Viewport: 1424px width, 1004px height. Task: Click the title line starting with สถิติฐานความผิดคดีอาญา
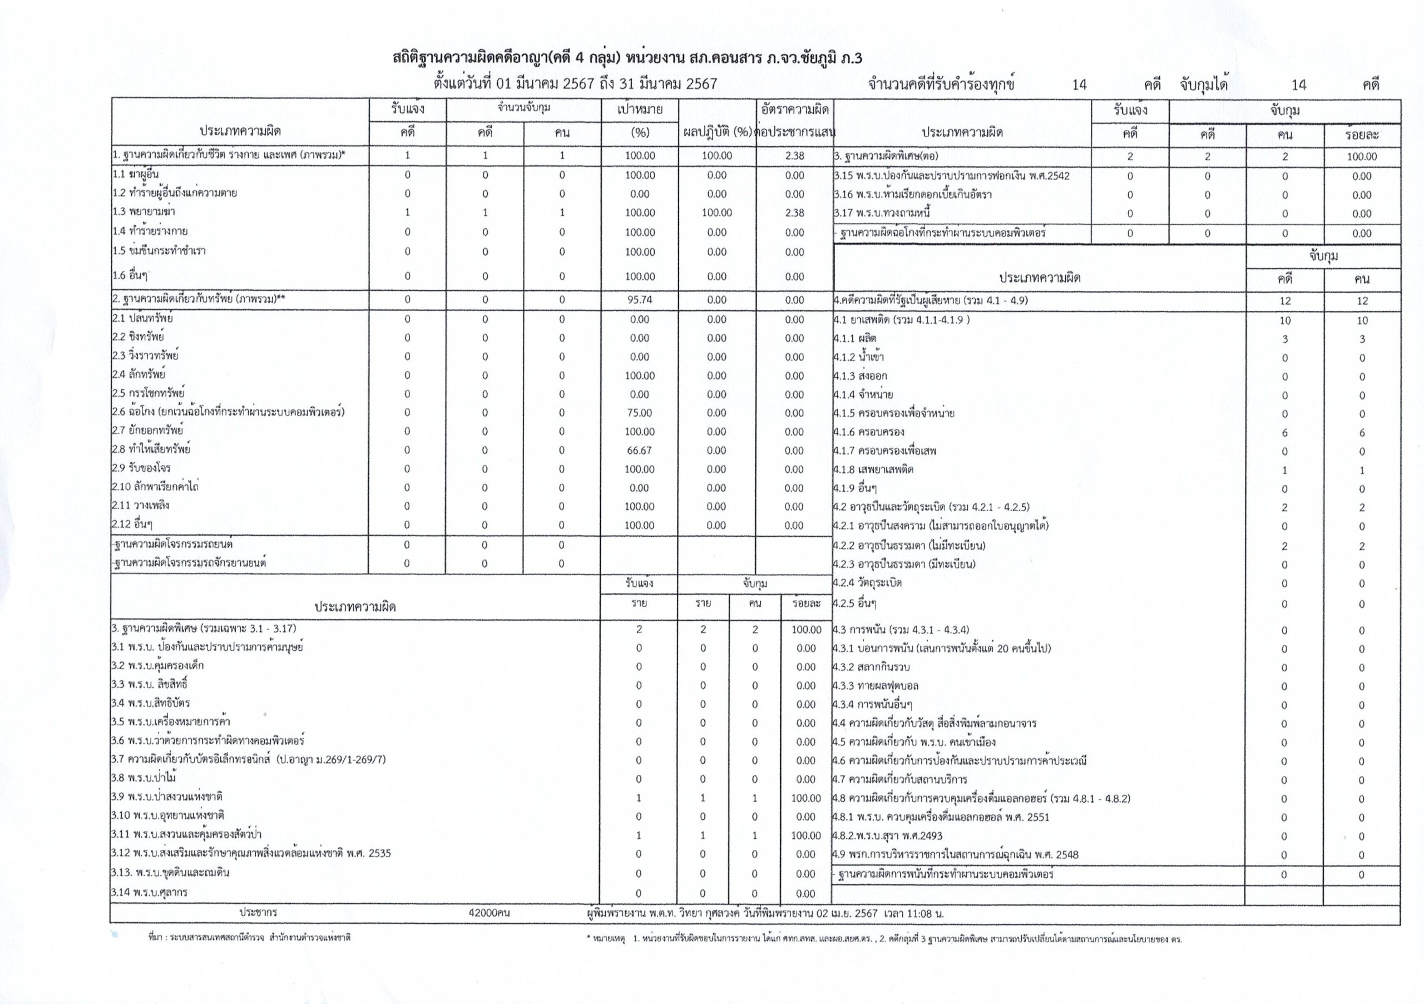(627, 58)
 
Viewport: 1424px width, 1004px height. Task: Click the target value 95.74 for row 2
(640, 299)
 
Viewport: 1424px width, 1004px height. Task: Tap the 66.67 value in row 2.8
(640, 450)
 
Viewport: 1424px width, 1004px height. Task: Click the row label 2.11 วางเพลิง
(141, 506)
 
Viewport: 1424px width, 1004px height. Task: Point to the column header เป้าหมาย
(640, 110)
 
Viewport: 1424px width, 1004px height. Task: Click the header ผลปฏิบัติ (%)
(717, 133)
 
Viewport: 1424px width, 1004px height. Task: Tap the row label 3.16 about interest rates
(912, 195)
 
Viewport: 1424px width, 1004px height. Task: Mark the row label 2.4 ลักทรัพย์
(139, 374)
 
